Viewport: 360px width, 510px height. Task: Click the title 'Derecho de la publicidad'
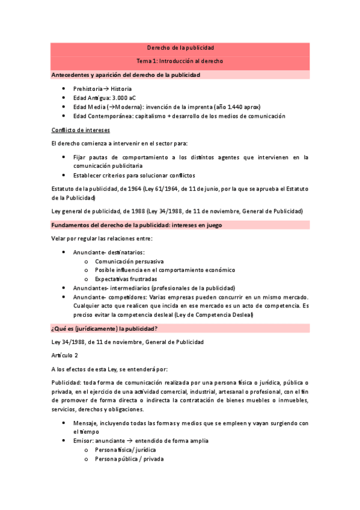click(x=180, y=48)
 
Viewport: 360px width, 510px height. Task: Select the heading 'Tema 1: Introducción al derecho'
click(x=180, y=61)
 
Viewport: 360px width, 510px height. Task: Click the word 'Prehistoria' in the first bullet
click(x=88, y=88)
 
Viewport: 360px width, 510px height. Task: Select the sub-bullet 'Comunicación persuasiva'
click(x=129, y=262)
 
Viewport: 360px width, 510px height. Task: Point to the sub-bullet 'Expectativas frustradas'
click(x=126, y=279)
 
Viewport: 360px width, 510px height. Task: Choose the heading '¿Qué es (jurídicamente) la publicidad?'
click(x=105, y=328)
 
